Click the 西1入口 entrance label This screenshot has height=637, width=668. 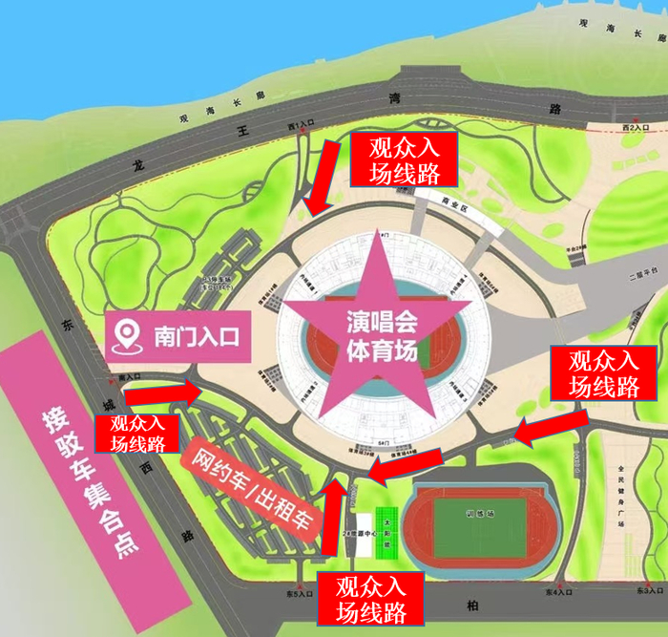(302, 125)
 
